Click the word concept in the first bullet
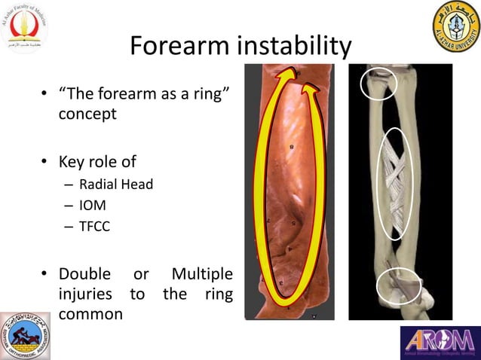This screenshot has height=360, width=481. tap(87, 114)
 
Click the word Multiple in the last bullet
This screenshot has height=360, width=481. tap(201, 273)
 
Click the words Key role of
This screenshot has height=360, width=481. tap(97, 161)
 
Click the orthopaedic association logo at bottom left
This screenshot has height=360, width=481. tap(26, 336)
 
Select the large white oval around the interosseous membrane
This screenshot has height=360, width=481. tap(396, 184)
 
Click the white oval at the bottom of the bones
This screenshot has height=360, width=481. tap(398, 286)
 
